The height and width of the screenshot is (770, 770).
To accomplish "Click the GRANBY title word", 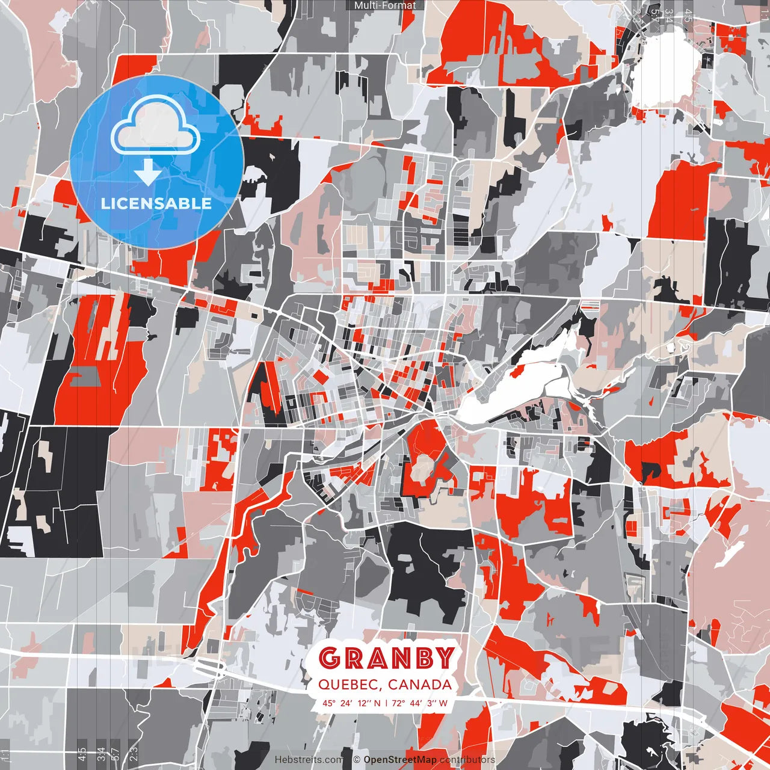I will [x=386, y=658].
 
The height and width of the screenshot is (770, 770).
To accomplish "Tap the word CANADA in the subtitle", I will [x=420, y=685].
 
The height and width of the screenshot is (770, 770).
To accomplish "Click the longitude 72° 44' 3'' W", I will [x=421, y=703].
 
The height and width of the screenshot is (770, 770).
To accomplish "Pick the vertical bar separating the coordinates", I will [x=386, y=703].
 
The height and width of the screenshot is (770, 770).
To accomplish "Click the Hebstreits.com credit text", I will [x=309, y=760].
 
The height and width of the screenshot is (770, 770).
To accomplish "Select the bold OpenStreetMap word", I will [x=400, y=760].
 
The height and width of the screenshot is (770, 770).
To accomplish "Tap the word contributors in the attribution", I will [x=467, y=760].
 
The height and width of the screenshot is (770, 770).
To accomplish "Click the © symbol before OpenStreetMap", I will [x=357, y=760].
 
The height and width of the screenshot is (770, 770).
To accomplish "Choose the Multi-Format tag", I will [x=385, y=5].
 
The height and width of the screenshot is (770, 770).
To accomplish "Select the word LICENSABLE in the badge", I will [x=156, y=203].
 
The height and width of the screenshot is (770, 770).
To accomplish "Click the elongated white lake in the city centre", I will [x=511, y=385].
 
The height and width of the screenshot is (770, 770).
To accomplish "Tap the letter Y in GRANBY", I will [x=445, y=658].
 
